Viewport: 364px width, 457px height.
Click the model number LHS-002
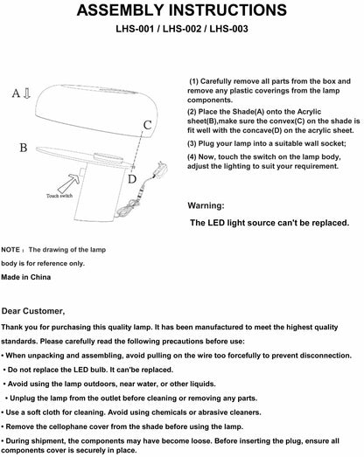(182, 29)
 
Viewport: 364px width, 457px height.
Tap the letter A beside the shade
(16, 93)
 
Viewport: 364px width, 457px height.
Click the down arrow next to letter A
(27, 93)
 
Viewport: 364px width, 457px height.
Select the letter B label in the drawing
(24, 148)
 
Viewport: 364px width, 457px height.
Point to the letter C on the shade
(147, 125)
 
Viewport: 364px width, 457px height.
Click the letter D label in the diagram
(132, 178)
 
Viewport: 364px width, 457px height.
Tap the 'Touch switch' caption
(59, 196)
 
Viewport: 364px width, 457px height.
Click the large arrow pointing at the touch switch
(69, 183)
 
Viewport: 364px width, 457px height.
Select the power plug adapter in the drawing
(161, 169)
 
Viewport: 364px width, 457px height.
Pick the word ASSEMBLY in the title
(121, 10)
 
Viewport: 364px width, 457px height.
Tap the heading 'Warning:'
(206, 205)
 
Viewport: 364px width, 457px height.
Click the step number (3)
(192, 143)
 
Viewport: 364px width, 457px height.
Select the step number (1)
(194, 81)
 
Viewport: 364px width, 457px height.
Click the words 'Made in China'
(26, 277)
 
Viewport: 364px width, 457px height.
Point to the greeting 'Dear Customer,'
(33, 311)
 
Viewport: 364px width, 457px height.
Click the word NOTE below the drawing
(10, 250)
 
